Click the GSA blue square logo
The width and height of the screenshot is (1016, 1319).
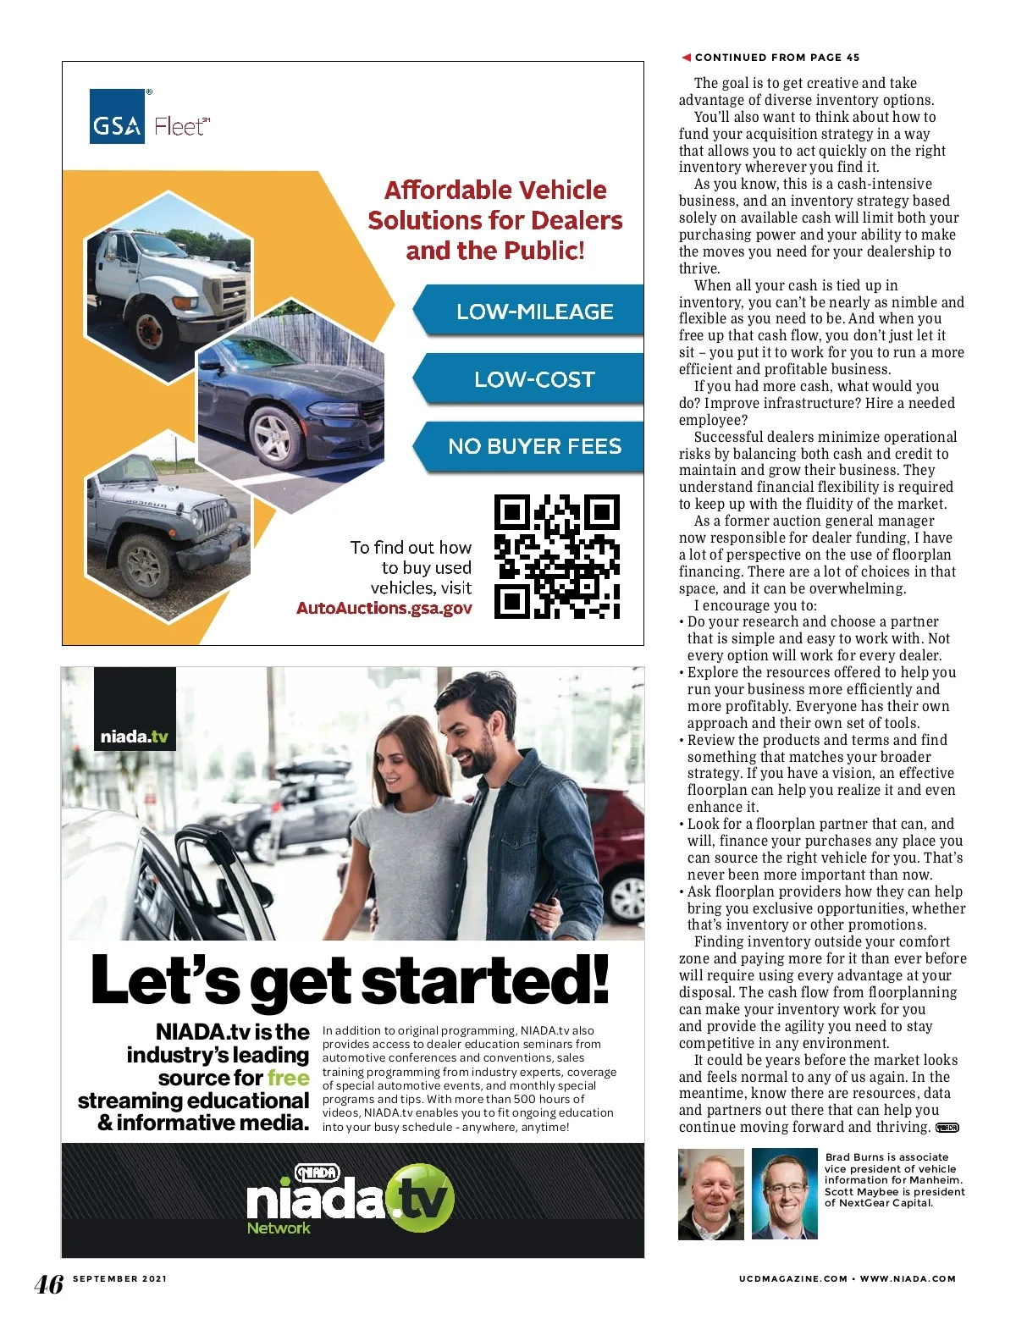117,117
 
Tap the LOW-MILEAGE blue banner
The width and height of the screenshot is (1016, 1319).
533,312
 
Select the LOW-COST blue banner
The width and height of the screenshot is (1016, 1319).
533,379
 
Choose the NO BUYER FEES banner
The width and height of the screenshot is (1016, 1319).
533,446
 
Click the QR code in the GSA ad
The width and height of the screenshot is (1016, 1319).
556,556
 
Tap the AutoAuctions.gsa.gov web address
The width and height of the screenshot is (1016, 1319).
384,608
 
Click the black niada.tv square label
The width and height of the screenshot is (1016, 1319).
135,709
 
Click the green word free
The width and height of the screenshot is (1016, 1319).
288,1078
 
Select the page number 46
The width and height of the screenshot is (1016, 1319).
48,1283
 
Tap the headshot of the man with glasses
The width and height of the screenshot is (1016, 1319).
785,1194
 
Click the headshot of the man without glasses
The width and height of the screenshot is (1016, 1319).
711,1194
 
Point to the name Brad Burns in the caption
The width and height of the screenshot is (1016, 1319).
851,1157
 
